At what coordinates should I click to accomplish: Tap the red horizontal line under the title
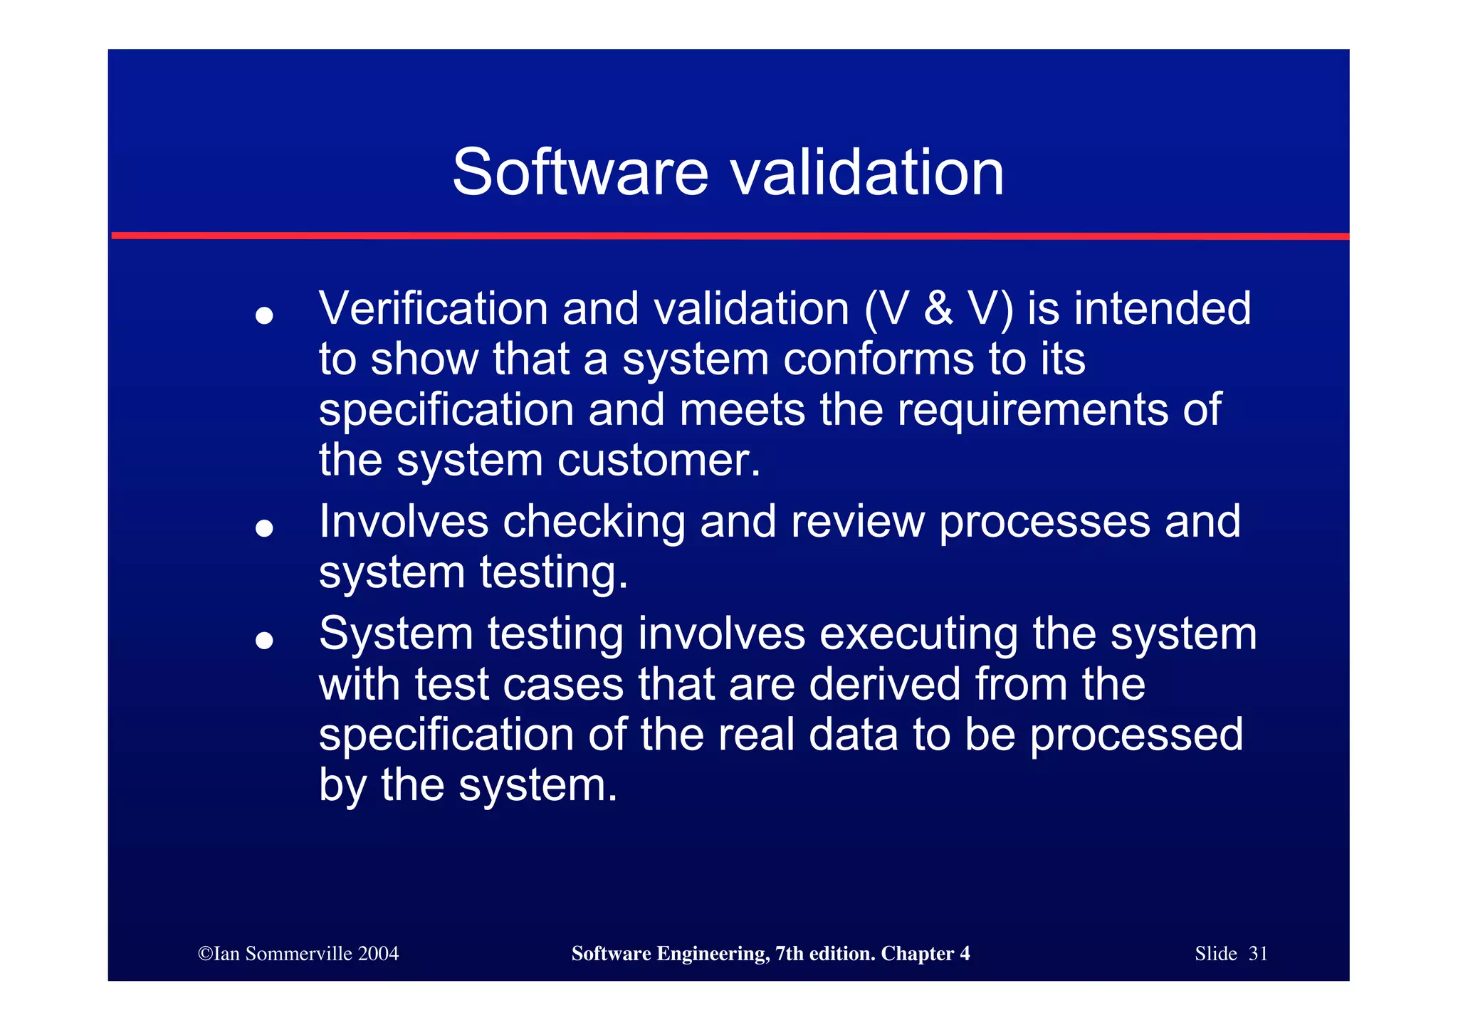[729, 236]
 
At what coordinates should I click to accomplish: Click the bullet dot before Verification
[264, 315]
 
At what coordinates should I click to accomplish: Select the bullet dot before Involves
[264, 528]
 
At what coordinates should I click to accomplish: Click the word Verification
[433, 309]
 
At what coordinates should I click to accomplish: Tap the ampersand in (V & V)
[938, 309]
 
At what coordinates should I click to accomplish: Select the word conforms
[878, 359]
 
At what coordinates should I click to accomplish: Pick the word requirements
[1032, 411]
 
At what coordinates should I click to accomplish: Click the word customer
[659, 461]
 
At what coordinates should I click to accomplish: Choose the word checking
[594, 522]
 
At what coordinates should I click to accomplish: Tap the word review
[857, 522]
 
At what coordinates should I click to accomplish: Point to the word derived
[884, 685]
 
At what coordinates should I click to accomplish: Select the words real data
[807, 735]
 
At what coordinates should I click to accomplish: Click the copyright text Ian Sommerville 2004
[298, 954]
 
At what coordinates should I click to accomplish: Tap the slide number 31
[1258, 954]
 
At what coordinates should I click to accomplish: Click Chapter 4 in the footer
[925, 954]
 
